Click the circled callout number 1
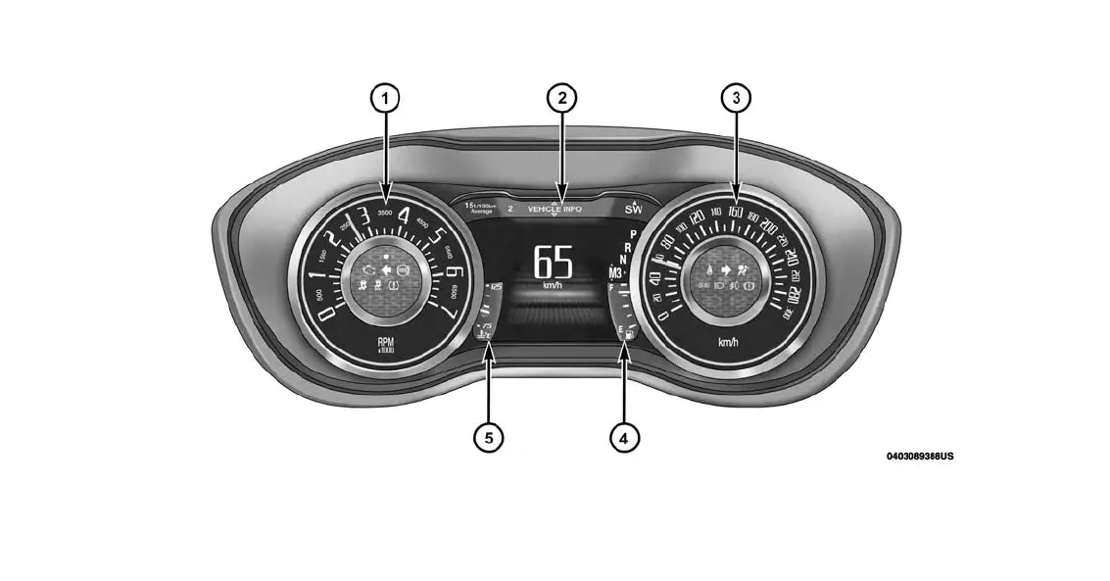[x=386, y=98]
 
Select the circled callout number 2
[x=561, y=98]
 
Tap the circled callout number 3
[x=737, y=98]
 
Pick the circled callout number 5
[x=489, y=437]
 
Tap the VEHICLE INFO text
[x=555, y=209]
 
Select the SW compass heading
[x=633, y=209]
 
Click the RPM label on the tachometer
[x=386, y=343]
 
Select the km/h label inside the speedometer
[x=728, y=342]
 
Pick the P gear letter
[x=633, y=233]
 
